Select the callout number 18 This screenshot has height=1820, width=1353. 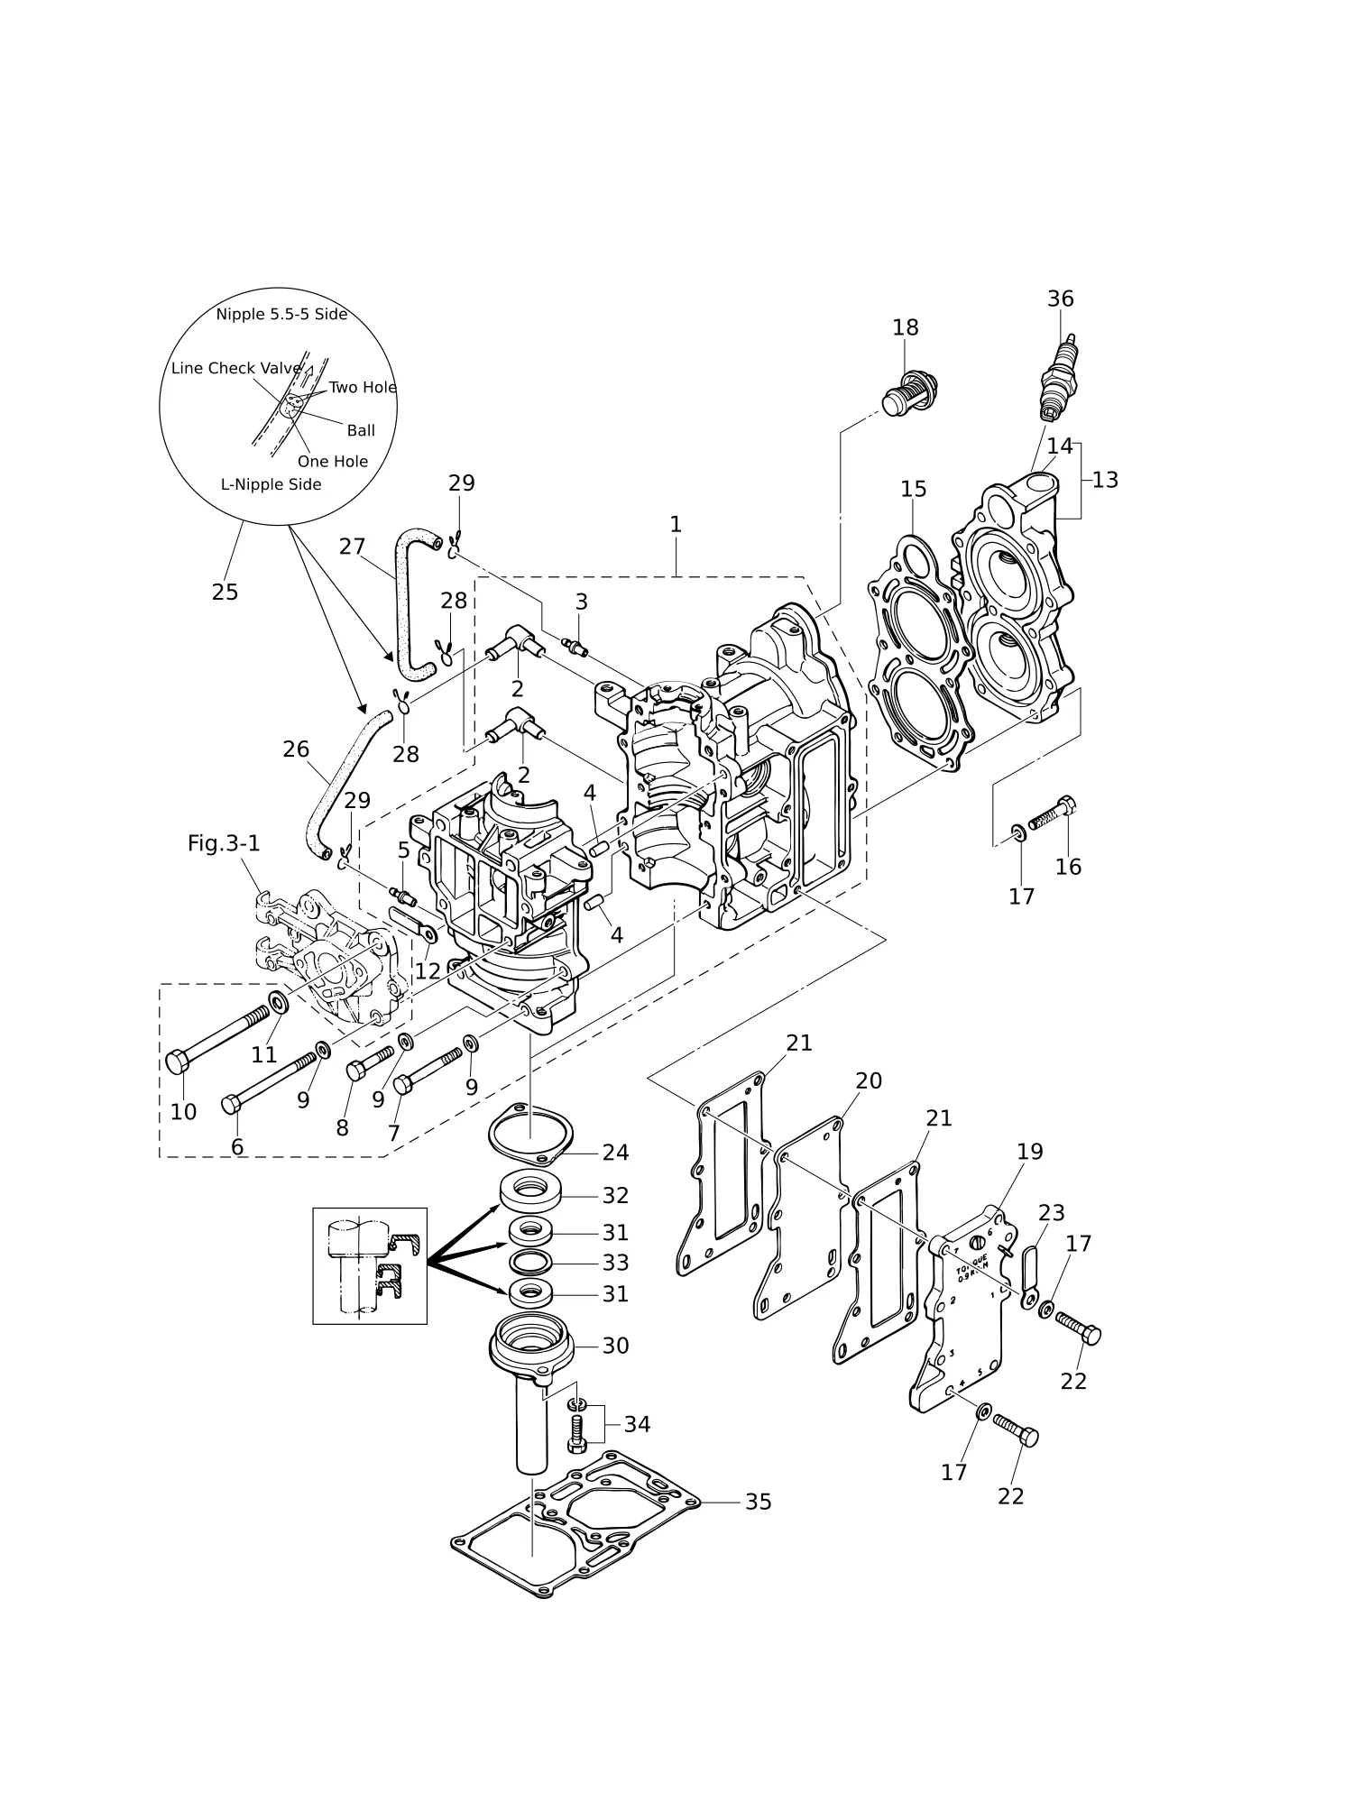pyautogui.click(x=905, y=327)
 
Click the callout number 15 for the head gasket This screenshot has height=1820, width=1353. pyautogui.click(x=913, y=489)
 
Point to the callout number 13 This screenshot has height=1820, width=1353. pyautogui.click(x=1105, y=480)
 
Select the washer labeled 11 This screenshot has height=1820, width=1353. pyautogui.click(x=280, y=1001)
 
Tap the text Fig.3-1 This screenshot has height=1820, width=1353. pyautogui.click(x=224, y=843)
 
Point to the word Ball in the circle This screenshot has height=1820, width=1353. pyautogui.click(x=361, y=430)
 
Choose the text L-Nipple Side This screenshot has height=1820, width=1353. pyautogui.click(x=272, y=484)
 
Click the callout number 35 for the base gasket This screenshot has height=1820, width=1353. pyautogui.click(x=758, y=1502)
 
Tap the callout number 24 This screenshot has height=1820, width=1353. pyautogui.click(x=615, y=1153)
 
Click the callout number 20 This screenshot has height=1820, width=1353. pyautogui.click(x=868, y=1080)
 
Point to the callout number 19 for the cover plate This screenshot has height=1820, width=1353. pyautogui.click(x=1029, y=1152)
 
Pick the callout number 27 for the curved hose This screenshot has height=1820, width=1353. pyautogui.click(x=352, y=547)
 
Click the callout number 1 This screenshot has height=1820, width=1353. pyautogui.click(x=676, y=524)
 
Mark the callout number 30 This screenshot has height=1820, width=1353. pyautogui.click(x=615, y=1346)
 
